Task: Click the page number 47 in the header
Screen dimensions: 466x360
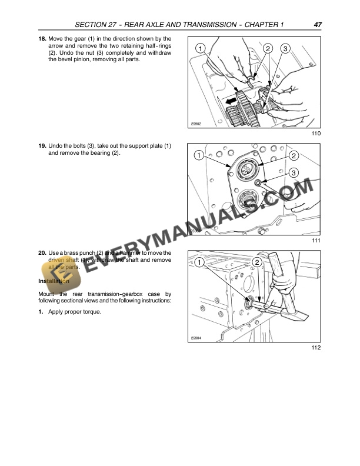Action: click(317, 25)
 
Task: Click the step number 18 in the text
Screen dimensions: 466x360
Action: click(42, 39)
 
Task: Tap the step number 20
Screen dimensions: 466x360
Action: click(42, 253)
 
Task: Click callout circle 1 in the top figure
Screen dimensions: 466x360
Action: click(200, 48)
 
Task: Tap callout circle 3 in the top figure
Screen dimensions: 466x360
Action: click(285, 48)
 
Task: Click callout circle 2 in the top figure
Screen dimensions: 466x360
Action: click(268, 48)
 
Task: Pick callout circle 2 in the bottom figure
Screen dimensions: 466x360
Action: click(257, 261)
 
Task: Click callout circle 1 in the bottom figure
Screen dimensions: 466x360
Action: click(200, 261)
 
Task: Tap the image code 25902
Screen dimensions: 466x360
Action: click(196, 124)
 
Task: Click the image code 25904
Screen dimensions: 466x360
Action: click(196, 337)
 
